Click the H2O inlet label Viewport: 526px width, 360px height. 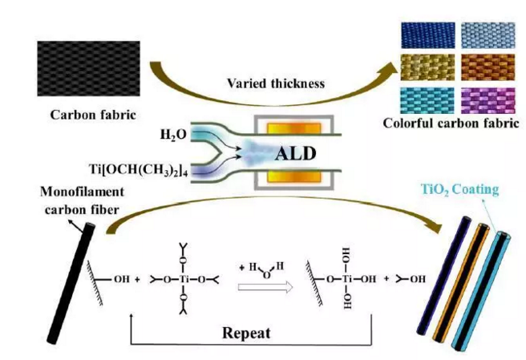[172, 133]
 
